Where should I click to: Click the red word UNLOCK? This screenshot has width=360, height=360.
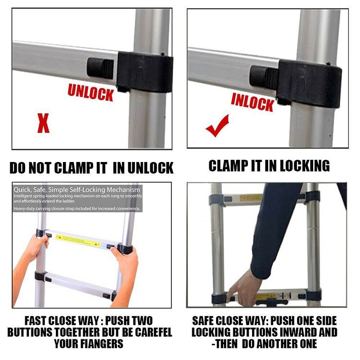[x=90, y=92]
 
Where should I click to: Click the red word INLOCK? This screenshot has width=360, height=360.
[x=252, y=102]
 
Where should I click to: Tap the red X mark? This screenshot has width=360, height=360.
[x=43, y=123]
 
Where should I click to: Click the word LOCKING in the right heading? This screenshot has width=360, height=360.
[x=305, y=166]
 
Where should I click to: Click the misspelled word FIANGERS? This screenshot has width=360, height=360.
[x=99, y=344]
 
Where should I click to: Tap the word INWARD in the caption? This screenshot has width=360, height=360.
[x=315, y=333]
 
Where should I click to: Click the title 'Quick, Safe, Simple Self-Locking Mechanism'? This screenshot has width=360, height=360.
[x=76, y=190]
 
